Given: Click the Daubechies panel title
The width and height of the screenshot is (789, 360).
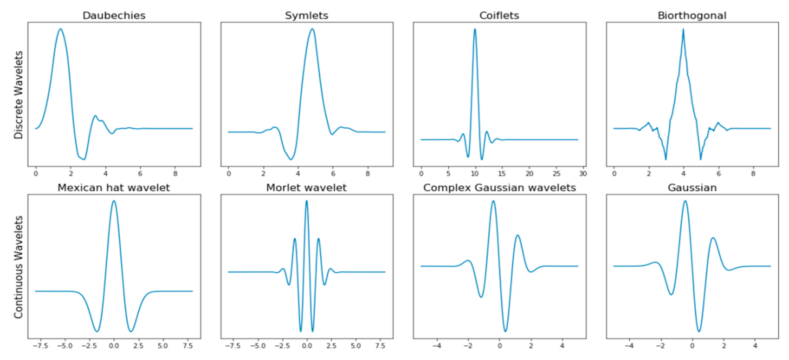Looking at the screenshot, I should pyautogui.click(x=114, y=16).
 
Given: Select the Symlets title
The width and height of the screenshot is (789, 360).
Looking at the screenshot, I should pyautogui.click(x=307, y=16).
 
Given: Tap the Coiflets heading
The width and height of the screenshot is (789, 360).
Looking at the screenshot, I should pyautogui.click(x=499, y=16).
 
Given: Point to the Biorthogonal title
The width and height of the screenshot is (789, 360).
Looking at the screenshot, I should pyautogui.click(x=692, y=16).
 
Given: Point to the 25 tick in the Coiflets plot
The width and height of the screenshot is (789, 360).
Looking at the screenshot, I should pyautogui.click(x=556, y=174).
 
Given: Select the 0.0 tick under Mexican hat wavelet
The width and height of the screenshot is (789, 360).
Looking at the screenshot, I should pyautogui.click(x=114, y=346).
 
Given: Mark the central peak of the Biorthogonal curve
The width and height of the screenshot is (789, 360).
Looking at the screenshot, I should pyautogui.click(x=683, y=29).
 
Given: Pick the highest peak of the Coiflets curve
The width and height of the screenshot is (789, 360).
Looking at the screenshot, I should pyautogui.click(x=475, y=29).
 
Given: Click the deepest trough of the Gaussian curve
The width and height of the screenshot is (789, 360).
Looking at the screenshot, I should pyautogui.click(x=699, y=331).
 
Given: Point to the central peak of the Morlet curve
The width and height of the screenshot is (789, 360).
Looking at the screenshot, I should pyautogui.click(x=307, y=201).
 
